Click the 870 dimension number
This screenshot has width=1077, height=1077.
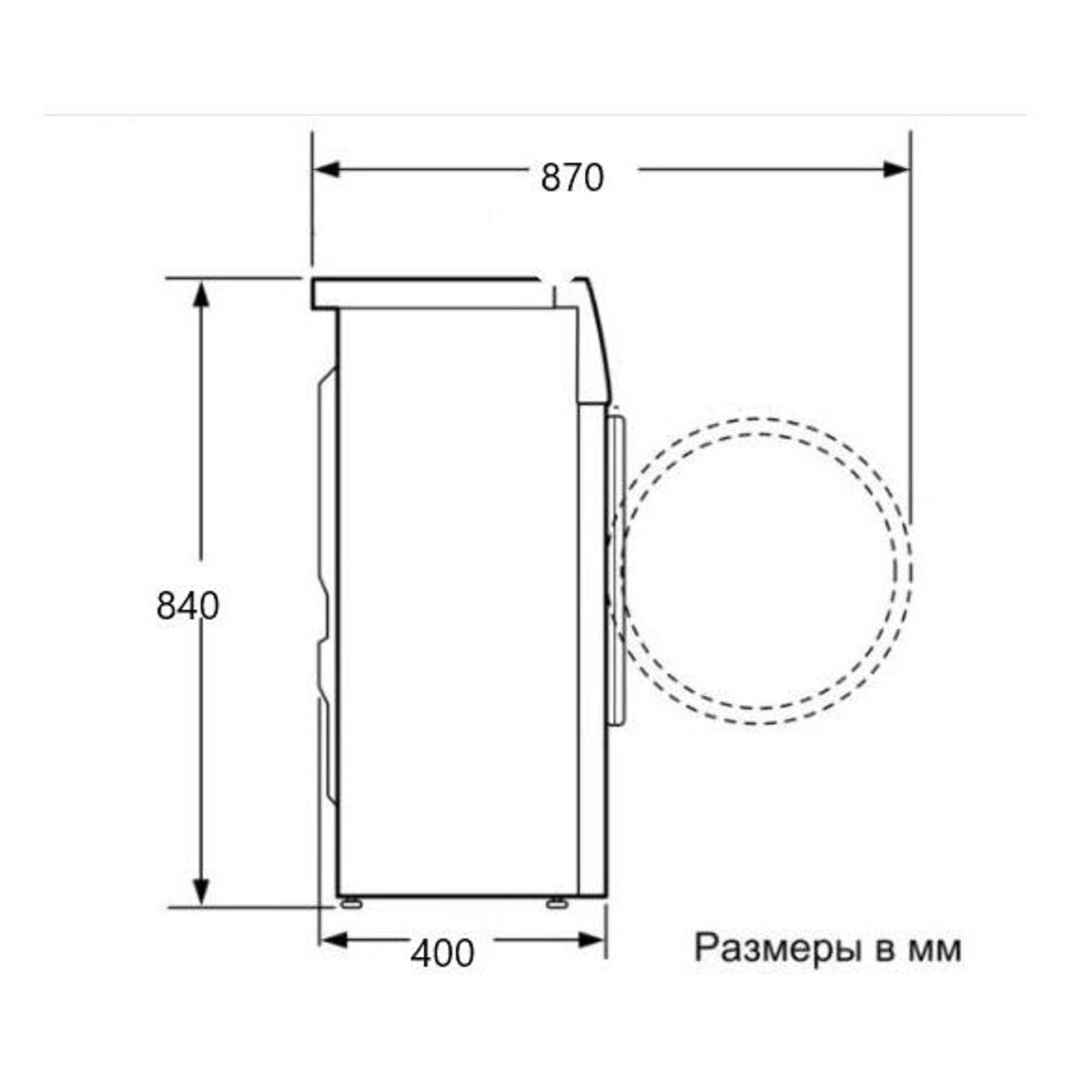point(572,178)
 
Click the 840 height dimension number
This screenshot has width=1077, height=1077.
point(187,606)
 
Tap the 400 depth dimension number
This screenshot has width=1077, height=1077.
point(442,953)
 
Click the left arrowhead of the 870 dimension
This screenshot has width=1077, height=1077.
point(326,169)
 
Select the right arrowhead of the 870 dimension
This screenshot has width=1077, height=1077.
point(896,169)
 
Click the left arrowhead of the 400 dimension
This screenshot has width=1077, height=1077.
point(334,940)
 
